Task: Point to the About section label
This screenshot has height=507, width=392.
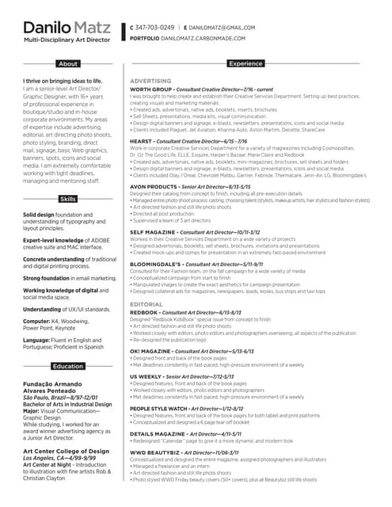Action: [69, 64]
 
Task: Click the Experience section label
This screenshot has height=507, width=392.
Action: [245, 63]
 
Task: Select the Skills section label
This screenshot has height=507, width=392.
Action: [69, 199]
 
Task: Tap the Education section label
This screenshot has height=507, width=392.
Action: [69, 367]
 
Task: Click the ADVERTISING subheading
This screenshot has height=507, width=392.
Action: [150, 81]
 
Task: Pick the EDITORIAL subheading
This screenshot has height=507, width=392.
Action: [147, 304]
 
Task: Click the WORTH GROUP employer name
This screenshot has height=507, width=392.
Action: [151, 90]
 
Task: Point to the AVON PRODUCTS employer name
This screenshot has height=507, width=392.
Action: [155, 186]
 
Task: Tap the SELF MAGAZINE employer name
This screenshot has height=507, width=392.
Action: [153, 231]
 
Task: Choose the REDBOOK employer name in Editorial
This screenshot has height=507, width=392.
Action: [144, 312]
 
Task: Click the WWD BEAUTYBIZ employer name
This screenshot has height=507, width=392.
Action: [153, 452]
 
